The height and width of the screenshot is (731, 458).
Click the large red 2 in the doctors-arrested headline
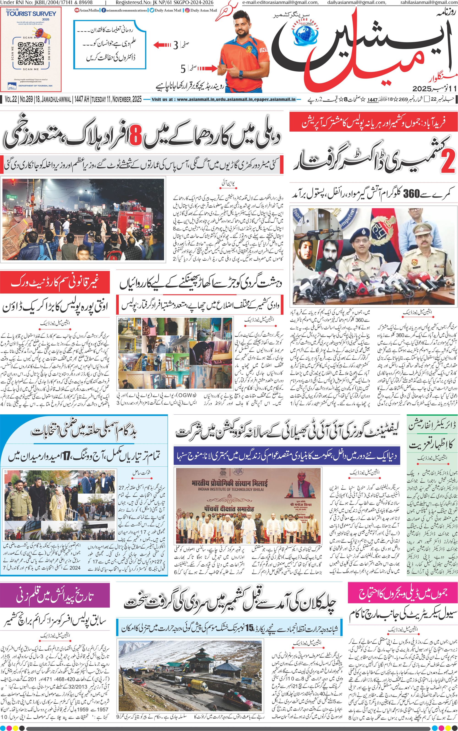click(447, 163)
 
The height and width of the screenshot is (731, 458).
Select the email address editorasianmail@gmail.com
click(280, 3)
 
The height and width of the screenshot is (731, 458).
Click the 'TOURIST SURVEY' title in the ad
click(31, 14)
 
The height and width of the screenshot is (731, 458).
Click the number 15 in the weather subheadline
click(249, 629)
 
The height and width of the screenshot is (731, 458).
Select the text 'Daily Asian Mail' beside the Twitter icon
click(168, 10)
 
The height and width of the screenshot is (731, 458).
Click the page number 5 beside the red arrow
click(183, 69)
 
